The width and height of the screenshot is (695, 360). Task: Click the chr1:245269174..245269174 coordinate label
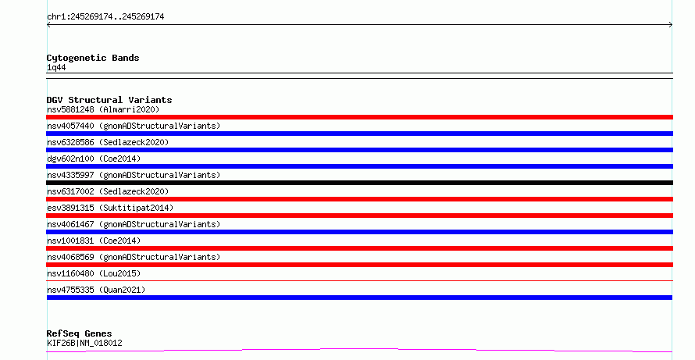[x=105, y=17]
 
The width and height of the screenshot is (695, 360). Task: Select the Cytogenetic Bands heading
[x=93, y=58]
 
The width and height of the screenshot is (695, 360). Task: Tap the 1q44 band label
[x=56, y=67]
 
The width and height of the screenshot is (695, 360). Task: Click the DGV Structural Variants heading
[x=109, y=100]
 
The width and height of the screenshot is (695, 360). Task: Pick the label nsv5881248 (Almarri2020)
[x=103, y=109]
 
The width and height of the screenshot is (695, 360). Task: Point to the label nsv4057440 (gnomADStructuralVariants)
[x=134, y=126]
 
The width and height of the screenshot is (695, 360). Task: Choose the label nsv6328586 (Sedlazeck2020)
[x=108, y=142]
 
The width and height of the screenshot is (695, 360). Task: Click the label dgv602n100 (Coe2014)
[x=94, y=159]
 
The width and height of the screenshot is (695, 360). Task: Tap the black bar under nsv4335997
[x=359, y=183]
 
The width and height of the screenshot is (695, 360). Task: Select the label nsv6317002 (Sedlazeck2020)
[x=108, y=191]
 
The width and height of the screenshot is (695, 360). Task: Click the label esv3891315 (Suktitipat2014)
[x=110, y=208]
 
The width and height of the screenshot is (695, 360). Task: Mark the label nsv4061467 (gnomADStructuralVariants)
[x=134, y=224]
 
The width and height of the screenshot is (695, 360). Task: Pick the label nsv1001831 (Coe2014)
[x=94, y=241]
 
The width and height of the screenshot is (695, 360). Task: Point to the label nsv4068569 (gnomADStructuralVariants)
[x=134, y=257]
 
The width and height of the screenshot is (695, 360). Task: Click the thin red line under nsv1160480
[x=359, y=280]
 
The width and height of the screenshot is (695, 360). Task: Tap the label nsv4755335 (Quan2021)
[x=96, y=290]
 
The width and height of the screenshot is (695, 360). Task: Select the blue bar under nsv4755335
[x=359, y=298]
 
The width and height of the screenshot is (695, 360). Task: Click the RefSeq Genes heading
[x=79, y=333]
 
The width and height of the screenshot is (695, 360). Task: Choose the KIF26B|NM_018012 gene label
[x=84, y=343]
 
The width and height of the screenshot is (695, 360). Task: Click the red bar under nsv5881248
[x=359, y=117]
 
